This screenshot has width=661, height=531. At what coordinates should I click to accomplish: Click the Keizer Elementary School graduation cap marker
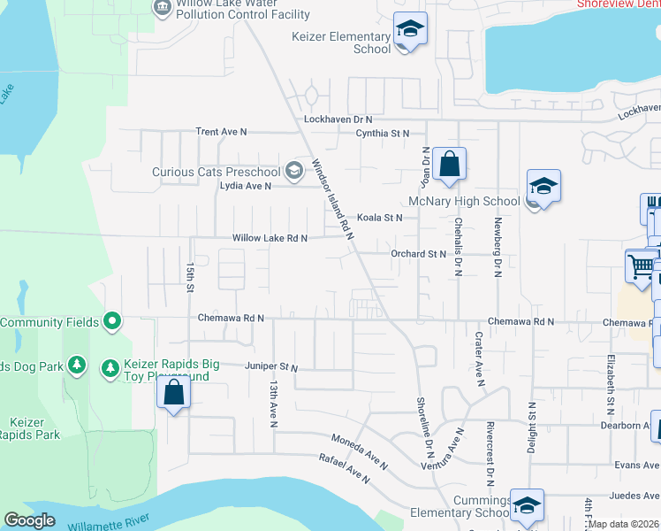point(410,29)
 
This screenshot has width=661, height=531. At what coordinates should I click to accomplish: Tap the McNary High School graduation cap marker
point(543,187)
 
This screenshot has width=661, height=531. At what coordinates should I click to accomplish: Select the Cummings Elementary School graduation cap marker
point(527,506)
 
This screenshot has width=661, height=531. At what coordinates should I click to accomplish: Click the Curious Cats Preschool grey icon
point(293,171)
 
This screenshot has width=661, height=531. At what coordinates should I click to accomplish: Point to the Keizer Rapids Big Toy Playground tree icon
point(110,366)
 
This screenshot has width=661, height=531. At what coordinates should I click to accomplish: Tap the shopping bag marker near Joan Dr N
point(449,165)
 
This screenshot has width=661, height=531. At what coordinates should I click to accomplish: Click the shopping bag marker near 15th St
point(174,394)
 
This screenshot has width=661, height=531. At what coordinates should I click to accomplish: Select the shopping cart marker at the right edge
point(642,265)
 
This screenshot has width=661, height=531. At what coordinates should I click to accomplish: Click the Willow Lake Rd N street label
point(270,238)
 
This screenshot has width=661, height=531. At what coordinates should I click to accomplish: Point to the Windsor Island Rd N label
point(332,199)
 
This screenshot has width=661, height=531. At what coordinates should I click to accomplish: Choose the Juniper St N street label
point(271,366)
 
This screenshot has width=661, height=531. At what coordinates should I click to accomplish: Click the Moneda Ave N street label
point(359,451)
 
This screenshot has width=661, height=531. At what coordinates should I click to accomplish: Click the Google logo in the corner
point(29,521)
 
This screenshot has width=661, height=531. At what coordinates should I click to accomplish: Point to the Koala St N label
point(379,217)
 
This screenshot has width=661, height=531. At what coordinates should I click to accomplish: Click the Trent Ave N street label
point(221,131)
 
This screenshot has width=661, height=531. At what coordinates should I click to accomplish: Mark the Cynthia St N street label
point(382,133)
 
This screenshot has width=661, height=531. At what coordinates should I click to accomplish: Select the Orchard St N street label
point(419,254)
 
